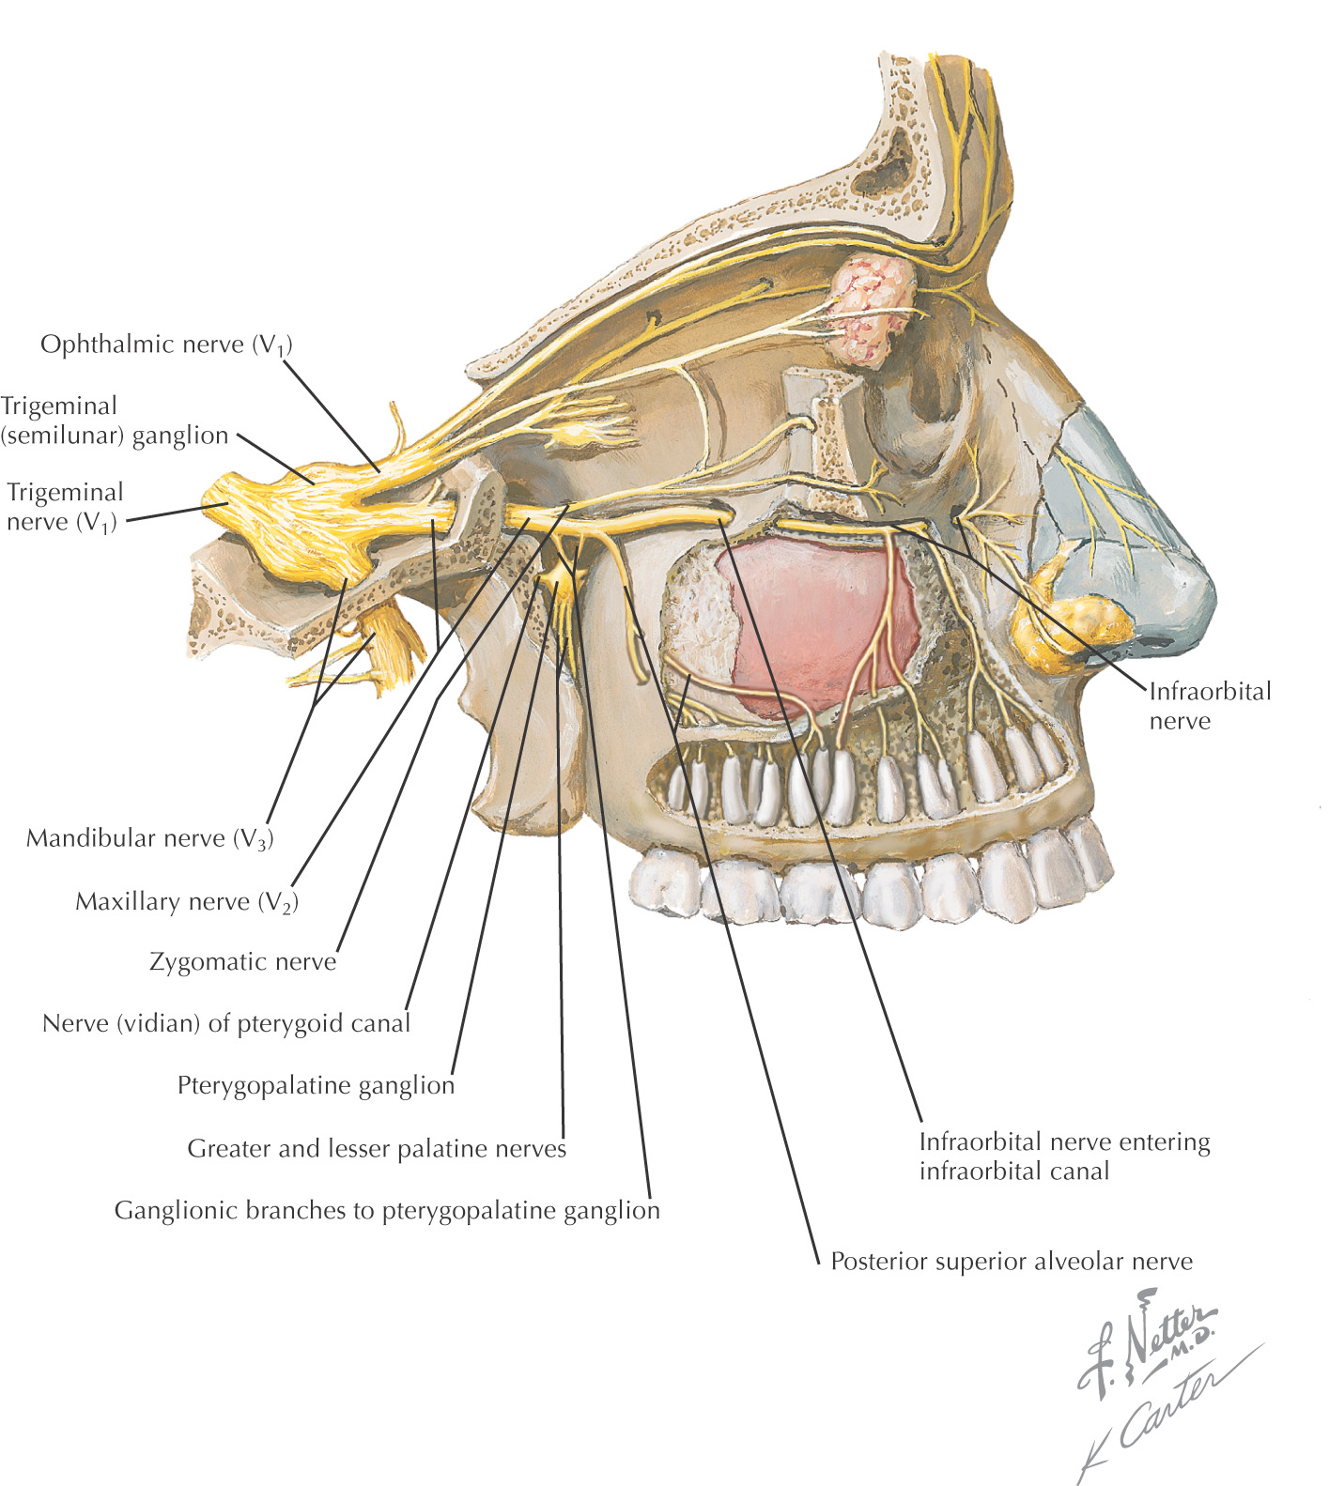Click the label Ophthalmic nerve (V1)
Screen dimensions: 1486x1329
coord(166,345)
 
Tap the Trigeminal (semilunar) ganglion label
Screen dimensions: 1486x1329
coord(115,421)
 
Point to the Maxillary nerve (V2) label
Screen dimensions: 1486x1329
coord(187,902)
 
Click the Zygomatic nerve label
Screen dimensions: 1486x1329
coord(243,962)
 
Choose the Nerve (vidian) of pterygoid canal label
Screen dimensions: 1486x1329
coord(226,1023)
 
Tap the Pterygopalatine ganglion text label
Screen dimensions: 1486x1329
coord(316,1085)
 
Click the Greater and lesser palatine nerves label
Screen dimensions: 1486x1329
coord(377,1148)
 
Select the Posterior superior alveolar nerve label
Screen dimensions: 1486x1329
coord(1012,1261)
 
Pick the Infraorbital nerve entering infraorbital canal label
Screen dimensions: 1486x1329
coord(1064,1157)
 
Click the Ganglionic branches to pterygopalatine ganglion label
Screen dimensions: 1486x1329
coord(387,1210)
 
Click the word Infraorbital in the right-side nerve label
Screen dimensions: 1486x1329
coord(1210,692)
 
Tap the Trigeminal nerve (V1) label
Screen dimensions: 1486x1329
coord(65,507)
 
